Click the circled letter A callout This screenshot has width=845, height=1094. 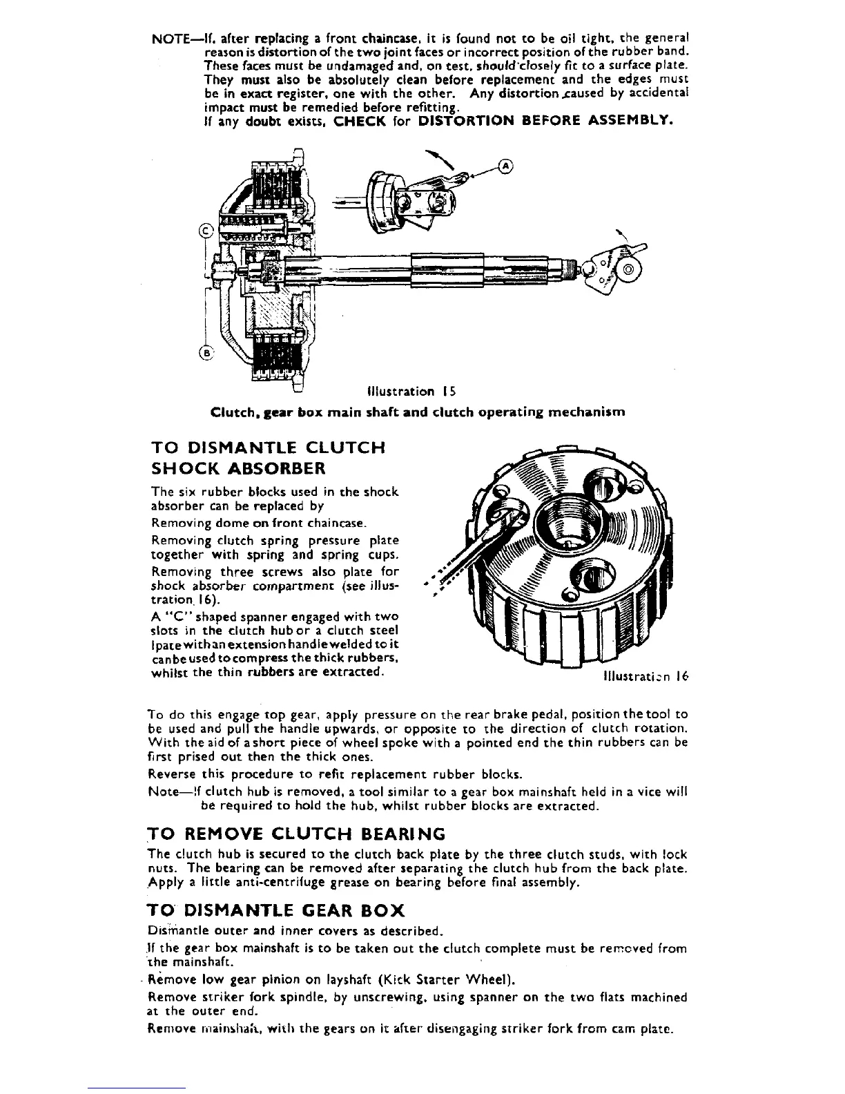coord(506,166)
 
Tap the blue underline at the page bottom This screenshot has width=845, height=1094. coord(137,1088)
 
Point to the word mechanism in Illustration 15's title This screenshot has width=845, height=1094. coord(586,412)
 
